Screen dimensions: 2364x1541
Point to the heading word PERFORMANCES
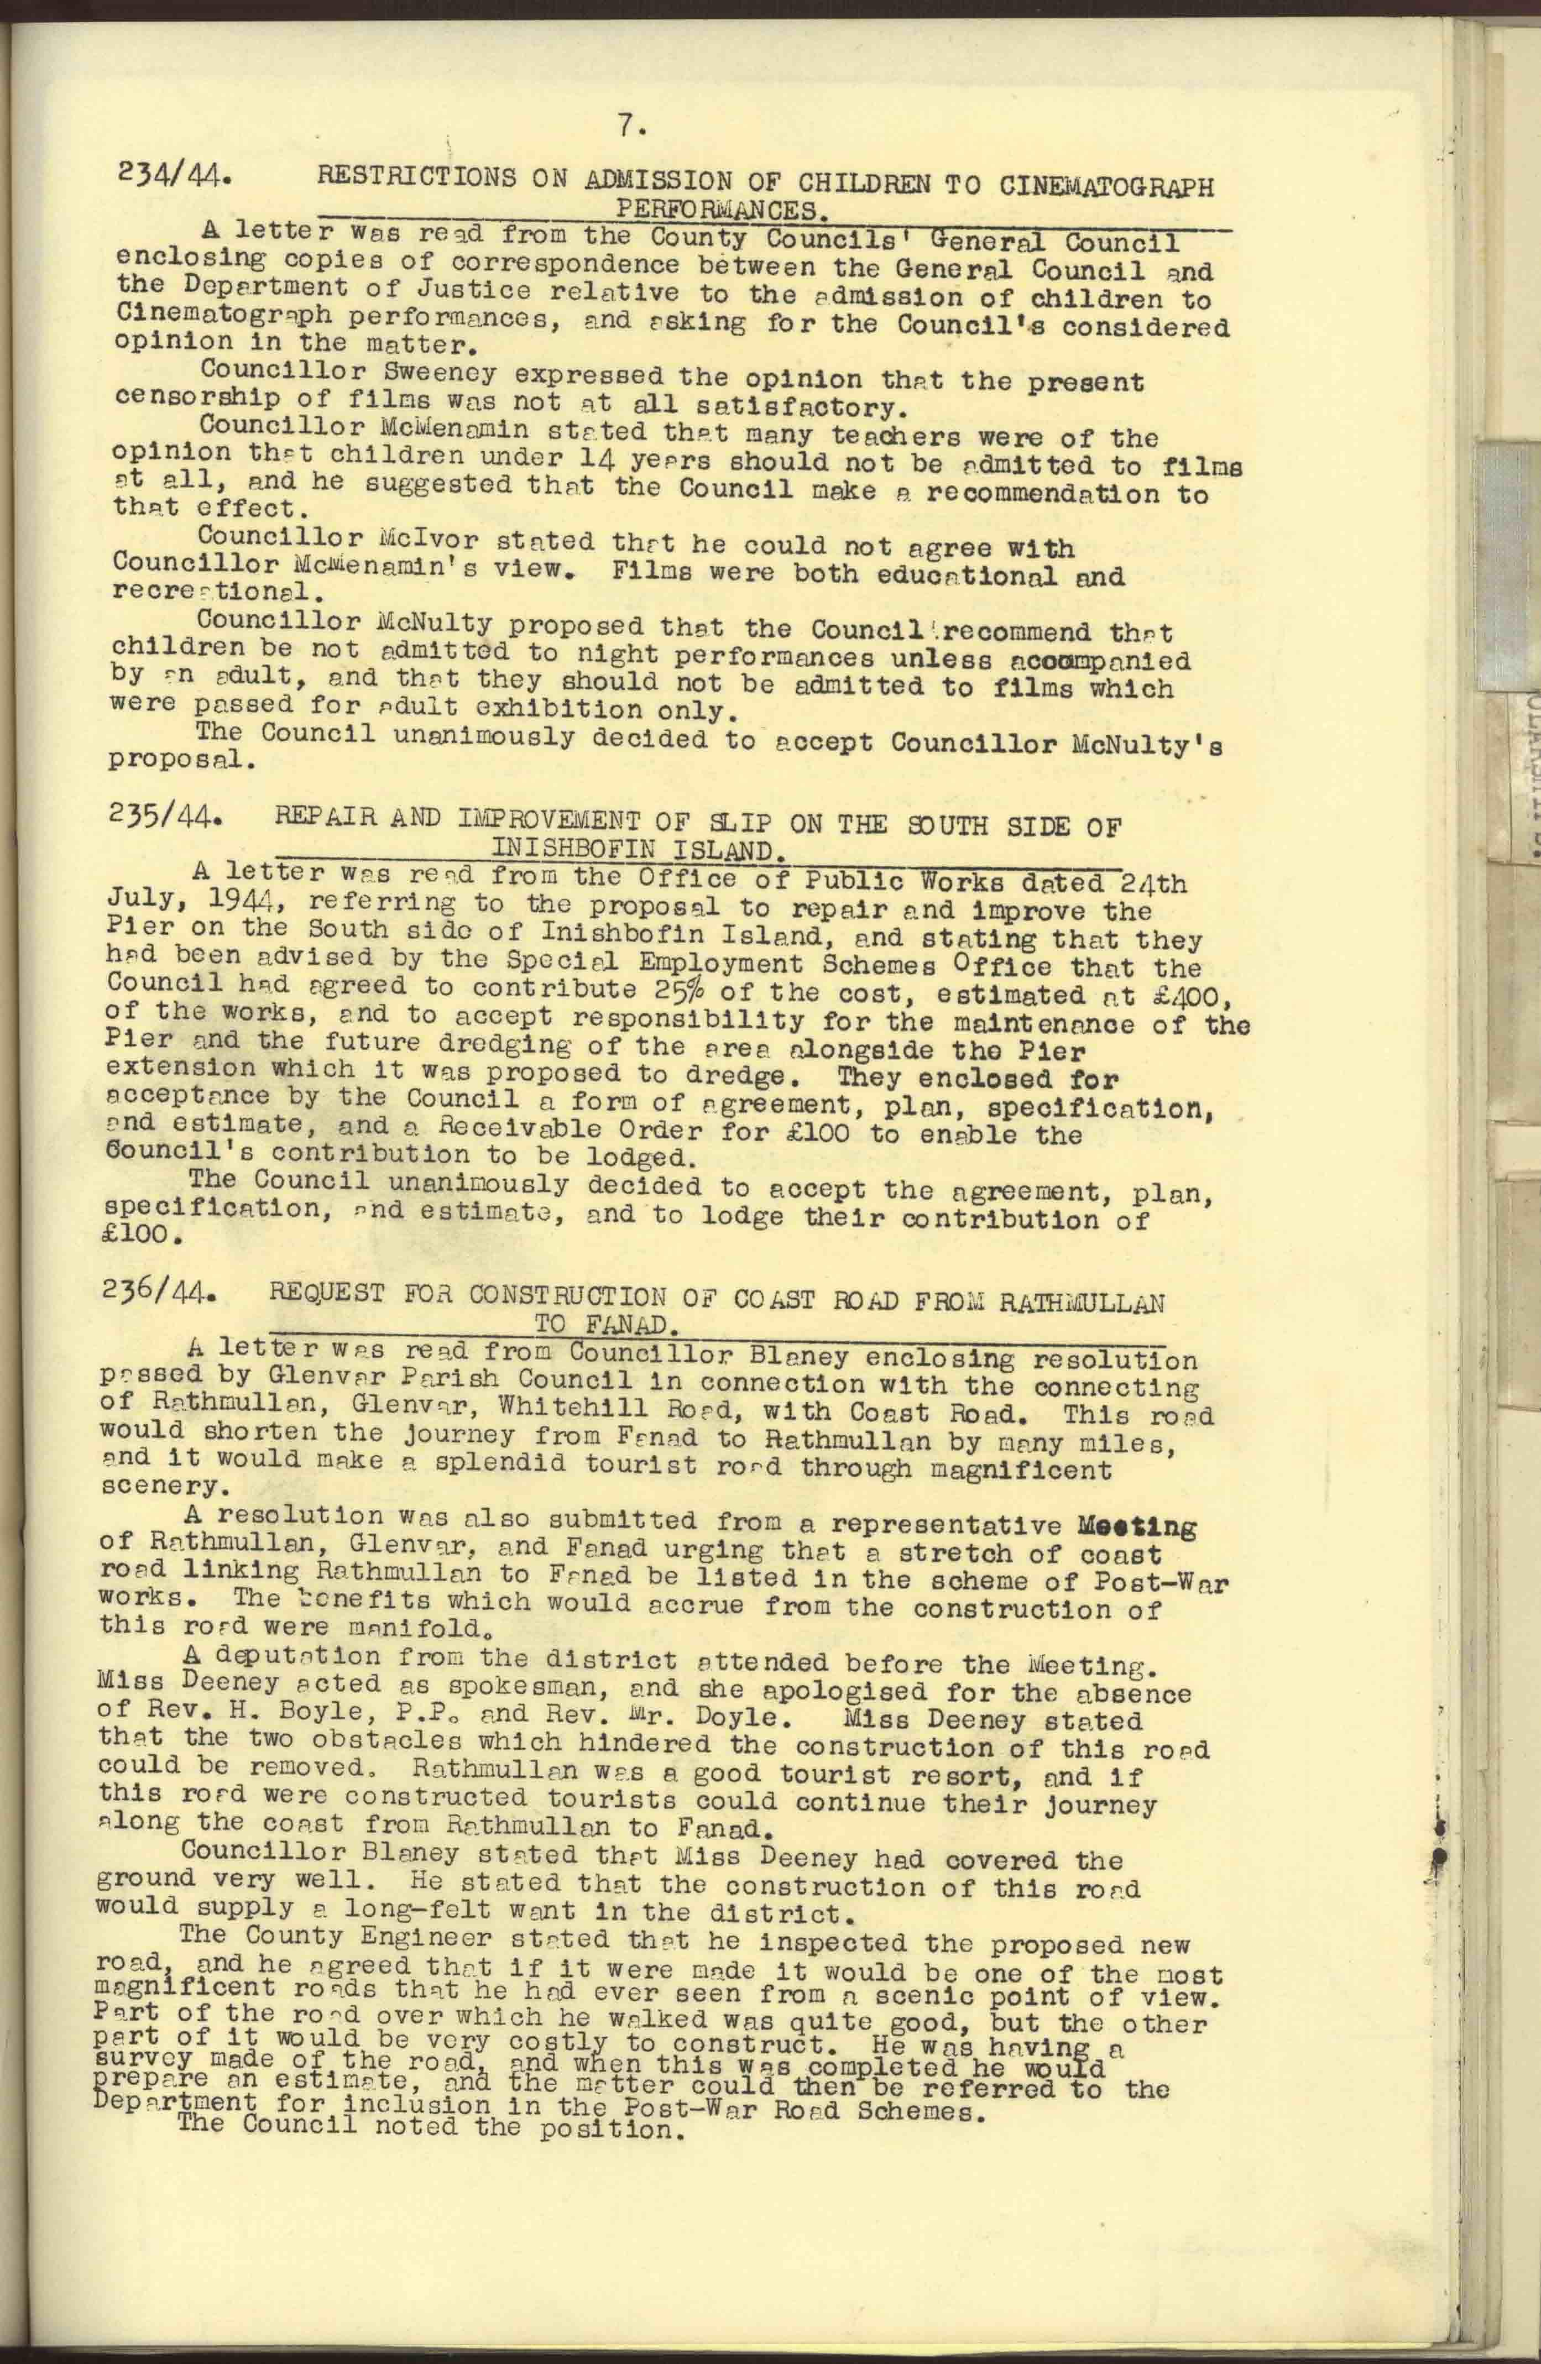point(722,210)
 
